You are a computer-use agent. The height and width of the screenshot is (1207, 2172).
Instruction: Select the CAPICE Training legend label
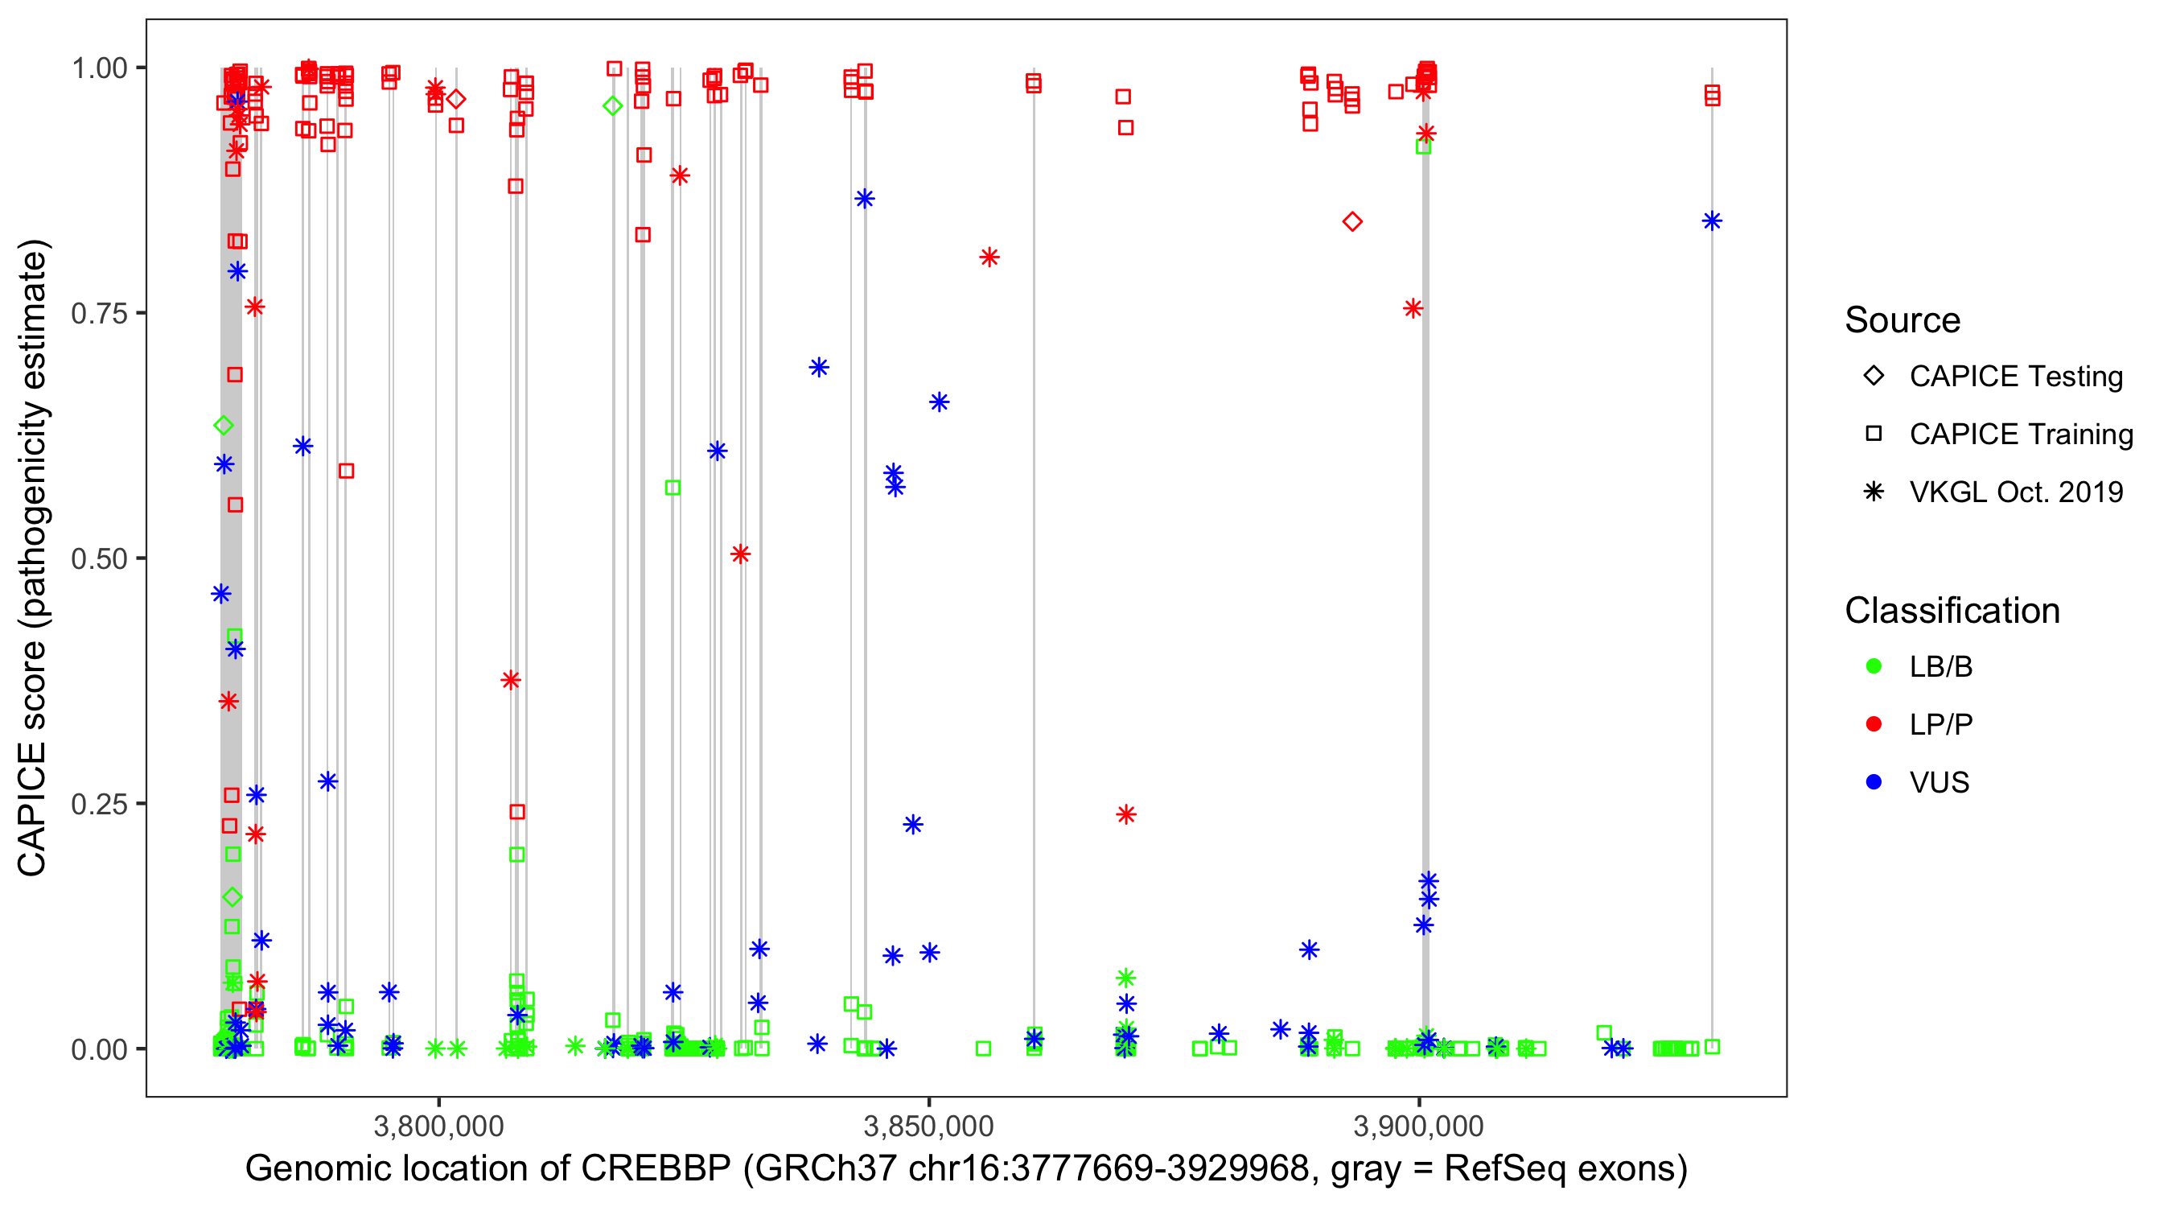[2021, 435]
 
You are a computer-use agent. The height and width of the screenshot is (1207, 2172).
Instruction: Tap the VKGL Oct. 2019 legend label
[2016, 492]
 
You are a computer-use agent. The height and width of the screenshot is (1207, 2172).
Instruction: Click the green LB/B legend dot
[1874, 666]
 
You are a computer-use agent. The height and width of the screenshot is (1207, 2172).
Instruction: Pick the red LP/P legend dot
[1874, 724]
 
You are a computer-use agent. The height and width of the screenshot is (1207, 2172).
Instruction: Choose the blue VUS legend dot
[1874, 782]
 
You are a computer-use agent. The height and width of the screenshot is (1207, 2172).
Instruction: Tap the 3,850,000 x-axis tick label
[929, 1125]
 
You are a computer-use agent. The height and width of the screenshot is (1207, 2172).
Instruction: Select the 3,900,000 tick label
[1419, 1125]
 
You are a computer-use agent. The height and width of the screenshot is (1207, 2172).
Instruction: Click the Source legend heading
[1903, 320]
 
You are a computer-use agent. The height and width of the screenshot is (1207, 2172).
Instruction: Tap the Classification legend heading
[1952, 611]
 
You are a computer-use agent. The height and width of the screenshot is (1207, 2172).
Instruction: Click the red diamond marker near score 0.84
[1352, 222]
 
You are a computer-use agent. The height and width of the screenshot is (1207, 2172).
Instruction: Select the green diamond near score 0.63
[224, 425]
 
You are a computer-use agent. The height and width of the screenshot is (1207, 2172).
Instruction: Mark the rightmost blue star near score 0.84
[1712, 221]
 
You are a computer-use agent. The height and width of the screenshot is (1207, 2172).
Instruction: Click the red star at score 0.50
[740, 554]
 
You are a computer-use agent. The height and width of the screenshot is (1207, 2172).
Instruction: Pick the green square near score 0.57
[673, 488]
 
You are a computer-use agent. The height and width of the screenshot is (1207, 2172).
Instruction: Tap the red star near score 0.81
[989, 257]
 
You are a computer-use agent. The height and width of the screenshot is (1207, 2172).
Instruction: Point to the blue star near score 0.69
[819, 367]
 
